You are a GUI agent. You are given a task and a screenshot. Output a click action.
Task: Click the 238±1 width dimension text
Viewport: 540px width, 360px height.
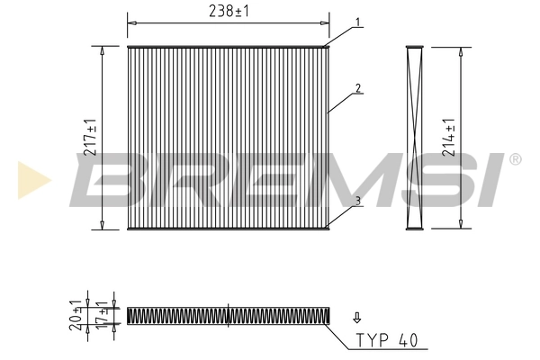[228, 10]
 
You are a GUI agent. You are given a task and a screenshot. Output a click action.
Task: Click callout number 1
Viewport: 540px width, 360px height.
[358, 21]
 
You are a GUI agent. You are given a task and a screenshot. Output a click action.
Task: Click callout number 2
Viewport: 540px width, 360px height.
[358, 88]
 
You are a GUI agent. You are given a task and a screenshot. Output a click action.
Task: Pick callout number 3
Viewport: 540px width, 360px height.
[357, 201]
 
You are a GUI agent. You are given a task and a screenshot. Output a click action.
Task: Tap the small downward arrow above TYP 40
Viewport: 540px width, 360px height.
[357, 317]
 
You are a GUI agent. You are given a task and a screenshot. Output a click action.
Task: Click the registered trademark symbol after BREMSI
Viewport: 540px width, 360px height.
[515, 160]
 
